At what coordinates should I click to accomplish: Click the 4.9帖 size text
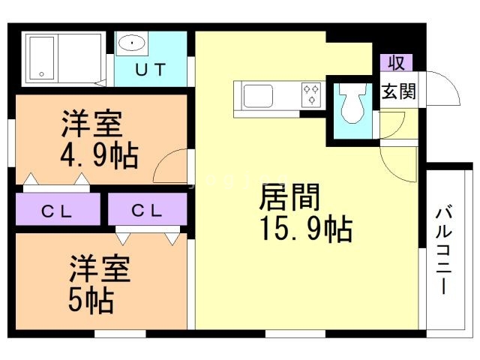(98, 157)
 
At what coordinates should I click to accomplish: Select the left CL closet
(57, 210)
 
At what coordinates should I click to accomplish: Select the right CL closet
(147, 210)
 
